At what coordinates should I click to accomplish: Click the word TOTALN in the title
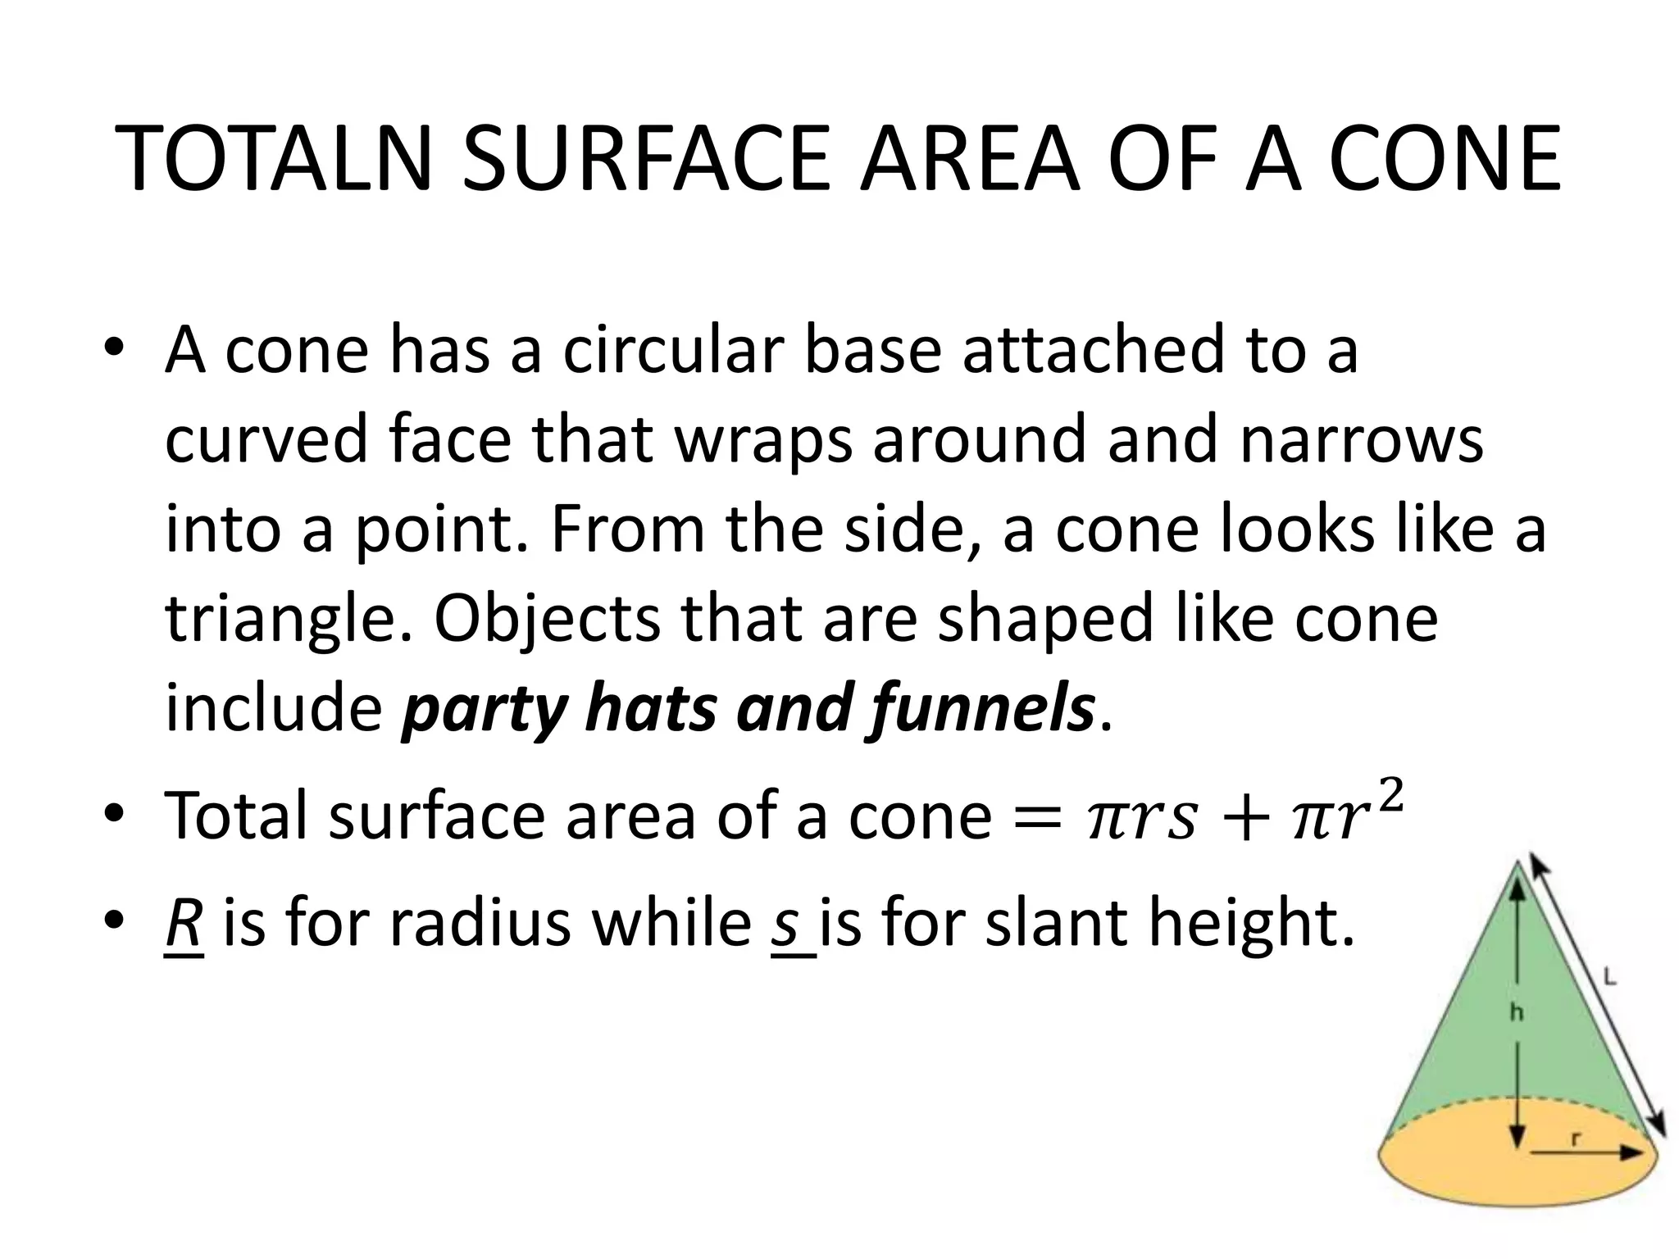coord(275,161)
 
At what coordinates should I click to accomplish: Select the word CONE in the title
coord(1445,161)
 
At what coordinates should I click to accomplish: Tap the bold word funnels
coord(980,709)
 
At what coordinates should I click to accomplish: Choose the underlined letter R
coord(184,924)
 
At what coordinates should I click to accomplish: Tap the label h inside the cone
coord(1517,1013)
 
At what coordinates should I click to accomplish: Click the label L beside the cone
coord(1609,977)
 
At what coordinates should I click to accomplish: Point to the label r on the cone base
coord(1576,1138)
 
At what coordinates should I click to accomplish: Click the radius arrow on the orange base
coord(1582,1152)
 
